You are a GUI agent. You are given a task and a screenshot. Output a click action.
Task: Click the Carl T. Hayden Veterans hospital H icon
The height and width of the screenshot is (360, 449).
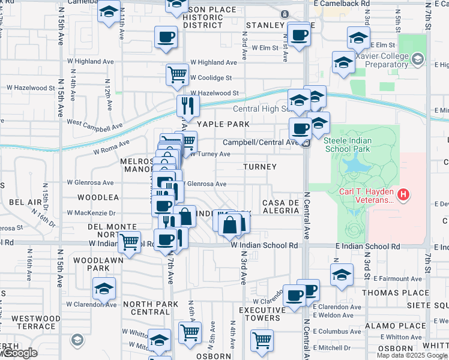click(404, 194)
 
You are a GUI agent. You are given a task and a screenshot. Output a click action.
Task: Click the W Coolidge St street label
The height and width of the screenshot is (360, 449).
click(211, 77)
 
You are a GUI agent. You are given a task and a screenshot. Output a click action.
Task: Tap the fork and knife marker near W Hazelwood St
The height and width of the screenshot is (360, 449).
click(188, 106)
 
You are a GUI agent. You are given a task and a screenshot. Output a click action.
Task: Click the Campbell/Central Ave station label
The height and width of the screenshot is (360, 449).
click(261, 143)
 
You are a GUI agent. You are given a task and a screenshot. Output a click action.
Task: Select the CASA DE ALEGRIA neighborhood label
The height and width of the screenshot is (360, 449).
click(280, 207)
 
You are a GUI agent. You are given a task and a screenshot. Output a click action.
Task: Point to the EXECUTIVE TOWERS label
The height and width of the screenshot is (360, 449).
click(261, 314)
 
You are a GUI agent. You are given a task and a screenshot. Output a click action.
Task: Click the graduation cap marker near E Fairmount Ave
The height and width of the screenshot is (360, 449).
click(342, 274)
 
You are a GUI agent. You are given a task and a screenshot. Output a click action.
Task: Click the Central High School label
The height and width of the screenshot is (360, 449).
click(261, 109)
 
